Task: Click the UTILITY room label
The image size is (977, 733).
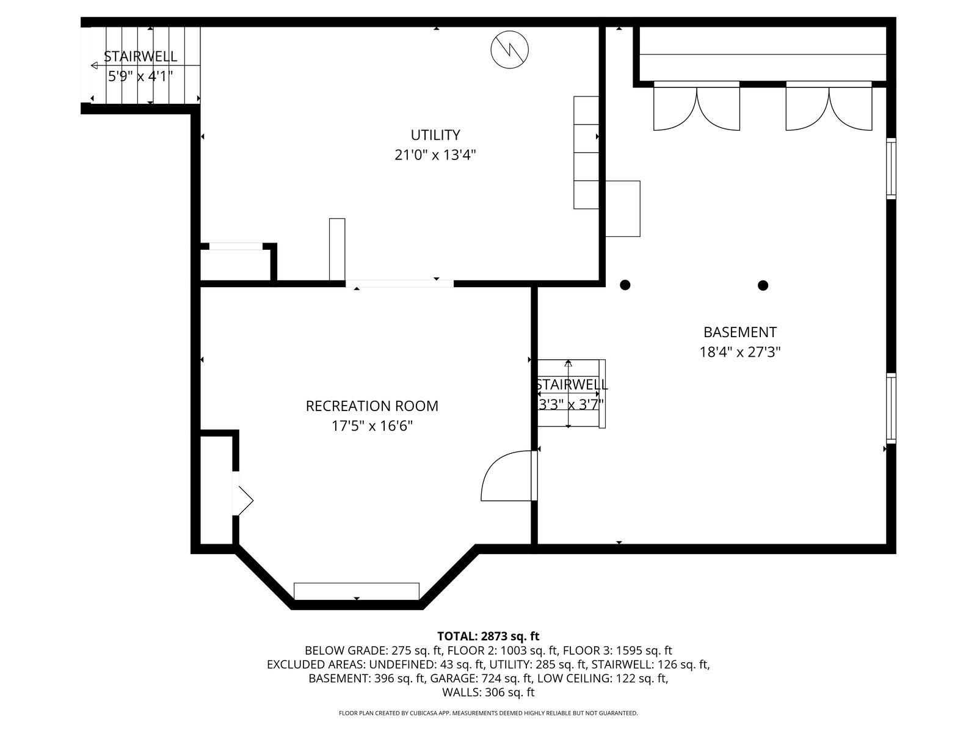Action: (435, 134)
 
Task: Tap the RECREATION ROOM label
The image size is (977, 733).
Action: (372, 406)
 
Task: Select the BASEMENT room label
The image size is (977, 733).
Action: (739, 332)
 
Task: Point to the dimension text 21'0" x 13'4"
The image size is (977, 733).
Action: (435, 155)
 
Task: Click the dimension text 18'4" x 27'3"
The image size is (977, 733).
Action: (739, 352)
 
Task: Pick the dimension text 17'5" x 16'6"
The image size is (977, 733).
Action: (372, 426)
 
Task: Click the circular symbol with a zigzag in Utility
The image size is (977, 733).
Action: (509, 49)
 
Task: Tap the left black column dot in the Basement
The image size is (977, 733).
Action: (625, 285)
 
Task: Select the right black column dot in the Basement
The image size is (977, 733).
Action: (763, 285)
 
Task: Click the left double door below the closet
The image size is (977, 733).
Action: (697, 107)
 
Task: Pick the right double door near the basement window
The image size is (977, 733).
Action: (829, 107)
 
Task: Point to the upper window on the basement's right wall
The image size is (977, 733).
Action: (891, 169)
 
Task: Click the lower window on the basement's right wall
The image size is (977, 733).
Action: (891, 407)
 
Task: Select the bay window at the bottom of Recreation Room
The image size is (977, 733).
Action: (357, 591)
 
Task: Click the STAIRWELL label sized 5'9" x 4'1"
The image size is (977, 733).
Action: (140, 56)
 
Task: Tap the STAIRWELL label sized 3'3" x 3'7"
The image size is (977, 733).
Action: (572, 384)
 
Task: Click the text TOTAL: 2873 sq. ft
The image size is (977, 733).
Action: (488, 636)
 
